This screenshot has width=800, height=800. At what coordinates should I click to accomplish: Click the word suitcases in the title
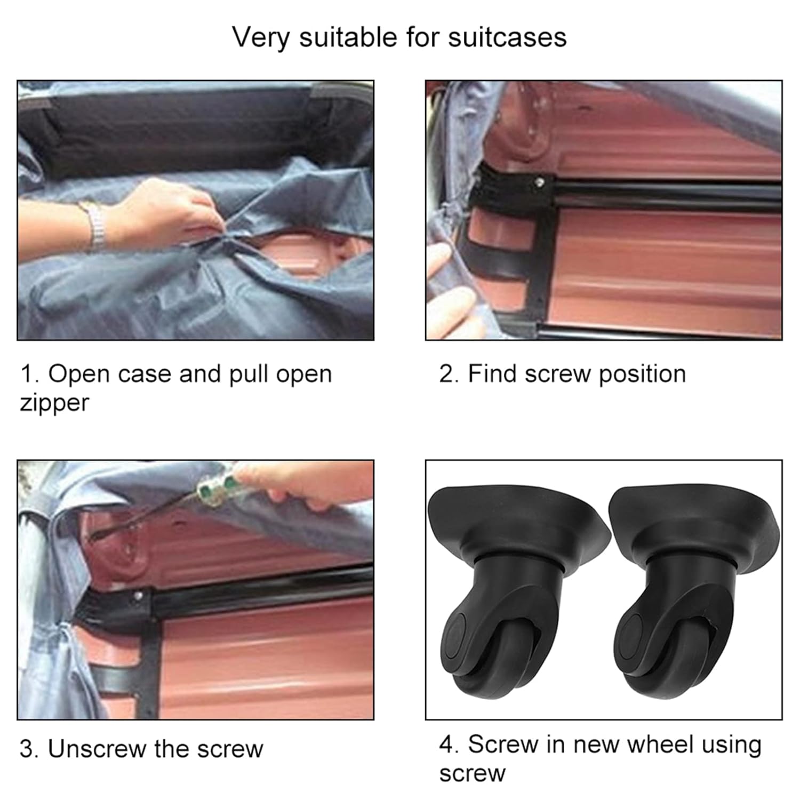click(x=507, y=37)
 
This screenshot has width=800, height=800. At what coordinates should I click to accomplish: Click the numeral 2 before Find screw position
click(x=446, y=374)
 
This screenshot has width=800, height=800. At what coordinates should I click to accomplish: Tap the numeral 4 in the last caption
click(x=446, y=745)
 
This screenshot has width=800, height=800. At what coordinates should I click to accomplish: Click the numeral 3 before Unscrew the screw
click(x=27, y=749)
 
